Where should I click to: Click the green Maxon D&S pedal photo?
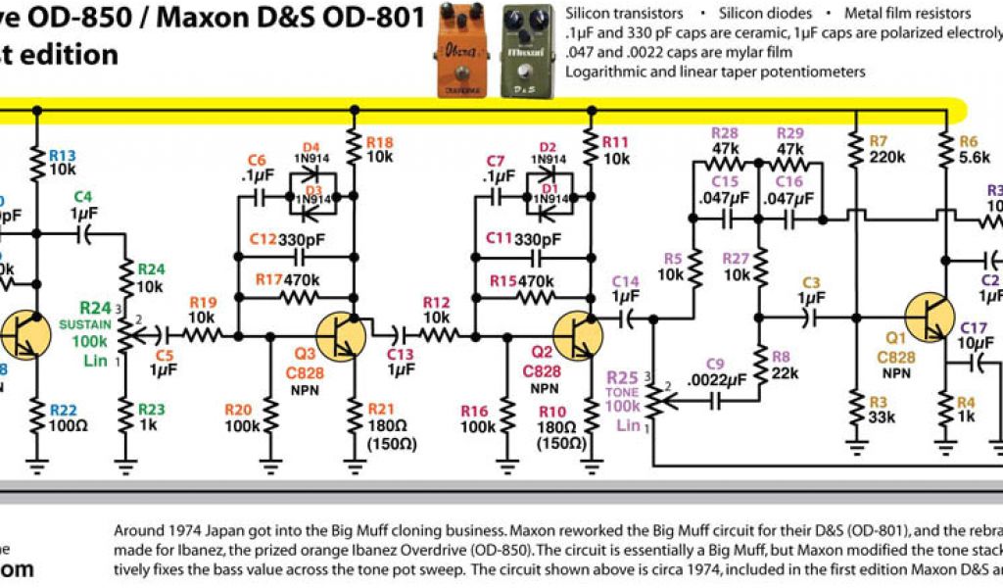point(528,50)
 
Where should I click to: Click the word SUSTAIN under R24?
point(84,323)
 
